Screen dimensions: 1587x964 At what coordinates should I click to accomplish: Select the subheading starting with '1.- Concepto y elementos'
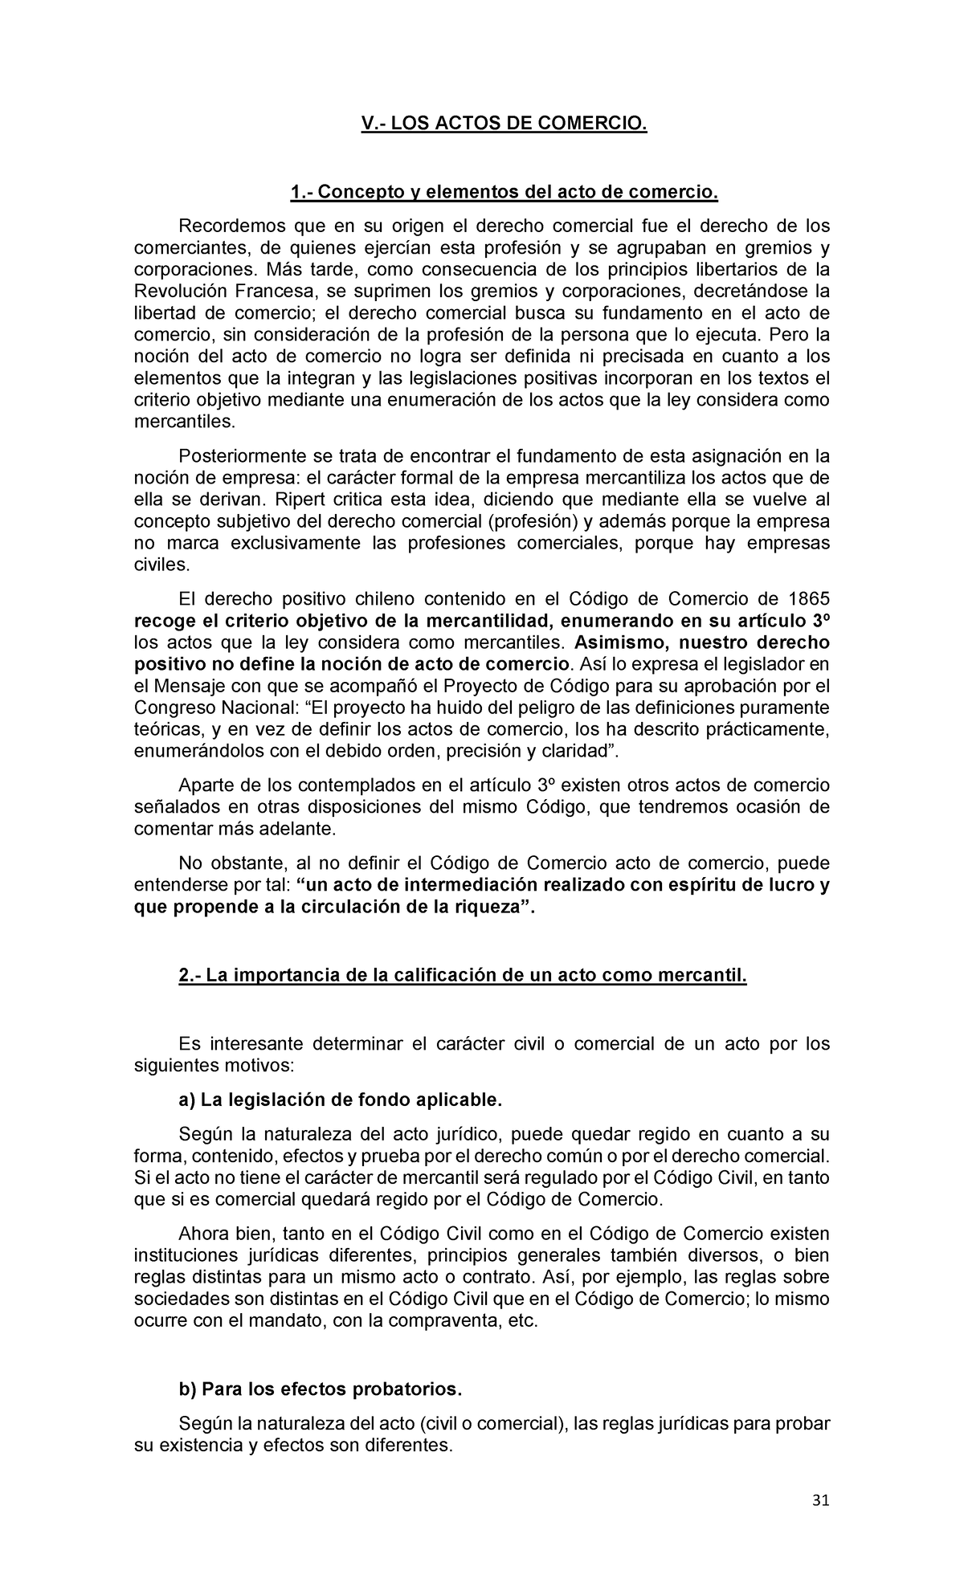tap(503, 192)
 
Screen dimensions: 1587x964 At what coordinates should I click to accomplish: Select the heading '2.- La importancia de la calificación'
tap(463, 977)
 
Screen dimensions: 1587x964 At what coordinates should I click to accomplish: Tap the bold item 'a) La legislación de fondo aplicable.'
tap(340, 1099)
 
